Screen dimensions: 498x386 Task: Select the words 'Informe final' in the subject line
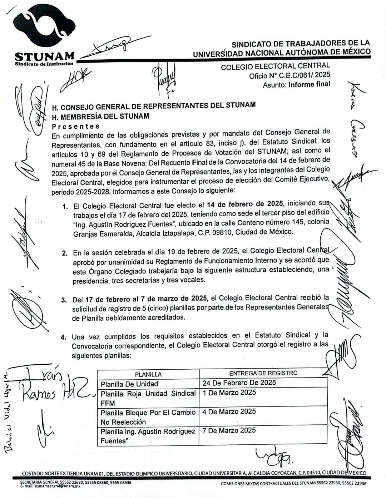[x=309, y=84]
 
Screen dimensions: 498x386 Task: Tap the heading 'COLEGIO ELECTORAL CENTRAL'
[x=275, y=66]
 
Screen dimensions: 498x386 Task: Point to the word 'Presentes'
[x=76, y=126]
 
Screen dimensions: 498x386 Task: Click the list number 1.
[x=65, y=207]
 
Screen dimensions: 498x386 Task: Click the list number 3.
[x=64, y=300]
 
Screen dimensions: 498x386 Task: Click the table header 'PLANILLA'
[x=148, y=374]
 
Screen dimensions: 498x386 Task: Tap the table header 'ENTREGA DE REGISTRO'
[x=263, y=373]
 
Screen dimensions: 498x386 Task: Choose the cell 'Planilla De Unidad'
[x=129, y=384]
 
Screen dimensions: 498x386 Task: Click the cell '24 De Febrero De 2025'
[x=239, y=383]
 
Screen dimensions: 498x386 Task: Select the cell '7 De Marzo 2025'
[x=229, y=430]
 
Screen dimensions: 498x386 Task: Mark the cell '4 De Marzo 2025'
[x=229, y=411]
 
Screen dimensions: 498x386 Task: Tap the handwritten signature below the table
[x=273, y=456]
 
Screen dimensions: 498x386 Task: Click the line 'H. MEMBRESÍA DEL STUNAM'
[x=100, y=117]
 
